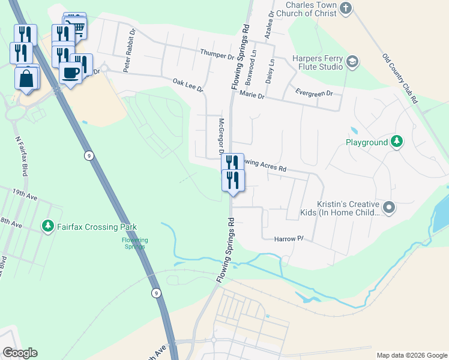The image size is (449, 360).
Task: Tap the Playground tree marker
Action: coord(396,142)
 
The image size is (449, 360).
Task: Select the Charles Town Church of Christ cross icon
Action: coord(345,8)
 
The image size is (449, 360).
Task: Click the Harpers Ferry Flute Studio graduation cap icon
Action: coord(352,62)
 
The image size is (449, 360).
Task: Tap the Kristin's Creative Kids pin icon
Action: coord(389,208)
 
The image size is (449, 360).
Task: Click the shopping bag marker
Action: coord(27,79)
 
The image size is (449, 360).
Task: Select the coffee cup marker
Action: coord(70,72)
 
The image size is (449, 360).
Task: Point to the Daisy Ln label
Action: coord(271,70)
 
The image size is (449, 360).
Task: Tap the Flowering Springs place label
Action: coord(135,243)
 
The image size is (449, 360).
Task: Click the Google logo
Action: coord(20,353)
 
